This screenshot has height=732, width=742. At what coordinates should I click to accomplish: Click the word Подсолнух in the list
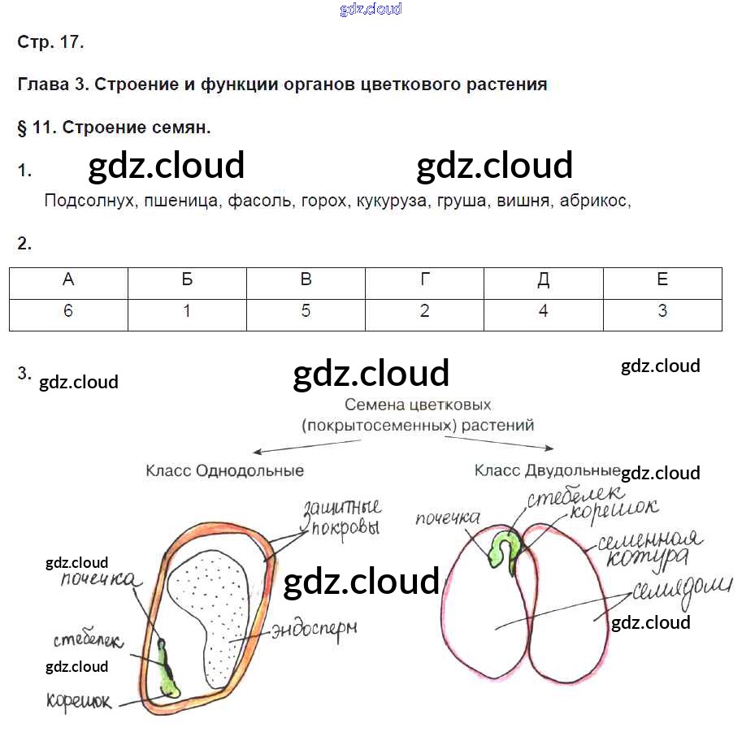[89, 201]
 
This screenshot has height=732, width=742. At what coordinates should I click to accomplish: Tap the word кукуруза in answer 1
[391, 201]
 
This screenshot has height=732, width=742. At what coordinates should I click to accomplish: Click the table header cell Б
[187, 280]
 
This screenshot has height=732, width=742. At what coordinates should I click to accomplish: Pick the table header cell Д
[543, 280]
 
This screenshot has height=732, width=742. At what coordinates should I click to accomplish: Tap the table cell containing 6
[68, 311]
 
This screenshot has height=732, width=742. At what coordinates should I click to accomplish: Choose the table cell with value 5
[306, 311]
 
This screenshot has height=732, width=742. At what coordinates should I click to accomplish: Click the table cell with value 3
[662, 311]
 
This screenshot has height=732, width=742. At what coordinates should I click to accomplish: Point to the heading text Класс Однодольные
[225, 470]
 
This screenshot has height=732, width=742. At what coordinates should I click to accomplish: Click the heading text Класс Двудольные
[546, 470]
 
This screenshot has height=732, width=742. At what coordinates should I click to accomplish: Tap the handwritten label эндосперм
[315, 628]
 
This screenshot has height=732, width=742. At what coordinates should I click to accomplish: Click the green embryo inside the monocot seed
[168, 670]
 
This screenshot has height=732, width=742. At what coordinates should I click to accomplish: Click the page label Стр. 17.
[50, 42]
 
